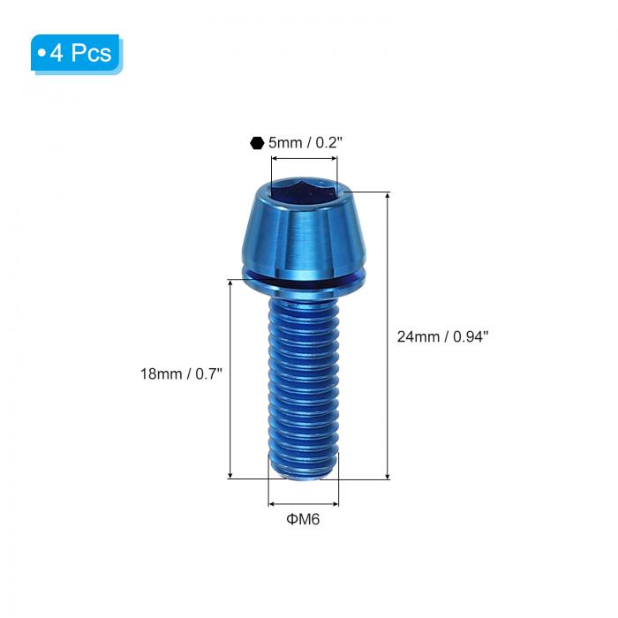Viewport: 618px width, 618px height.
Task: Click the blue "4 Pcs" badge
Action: click(77, 54)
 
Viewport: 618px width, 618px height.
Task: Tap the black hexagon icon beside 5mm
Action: click(257, 143)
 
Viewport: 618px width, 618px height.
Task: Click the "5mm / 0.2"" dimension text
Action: click(305, 142)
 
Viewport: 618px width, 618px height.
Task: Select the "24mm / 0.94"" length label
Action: click(442, 336)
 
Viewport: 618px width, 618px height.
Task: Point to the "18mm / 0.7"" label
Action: click(181, 373)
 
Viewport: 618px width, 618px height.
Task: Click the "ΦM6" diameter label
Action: click(303, 519)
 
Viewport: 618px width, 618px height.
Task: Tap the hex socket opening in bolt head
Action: click(303, 192)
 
